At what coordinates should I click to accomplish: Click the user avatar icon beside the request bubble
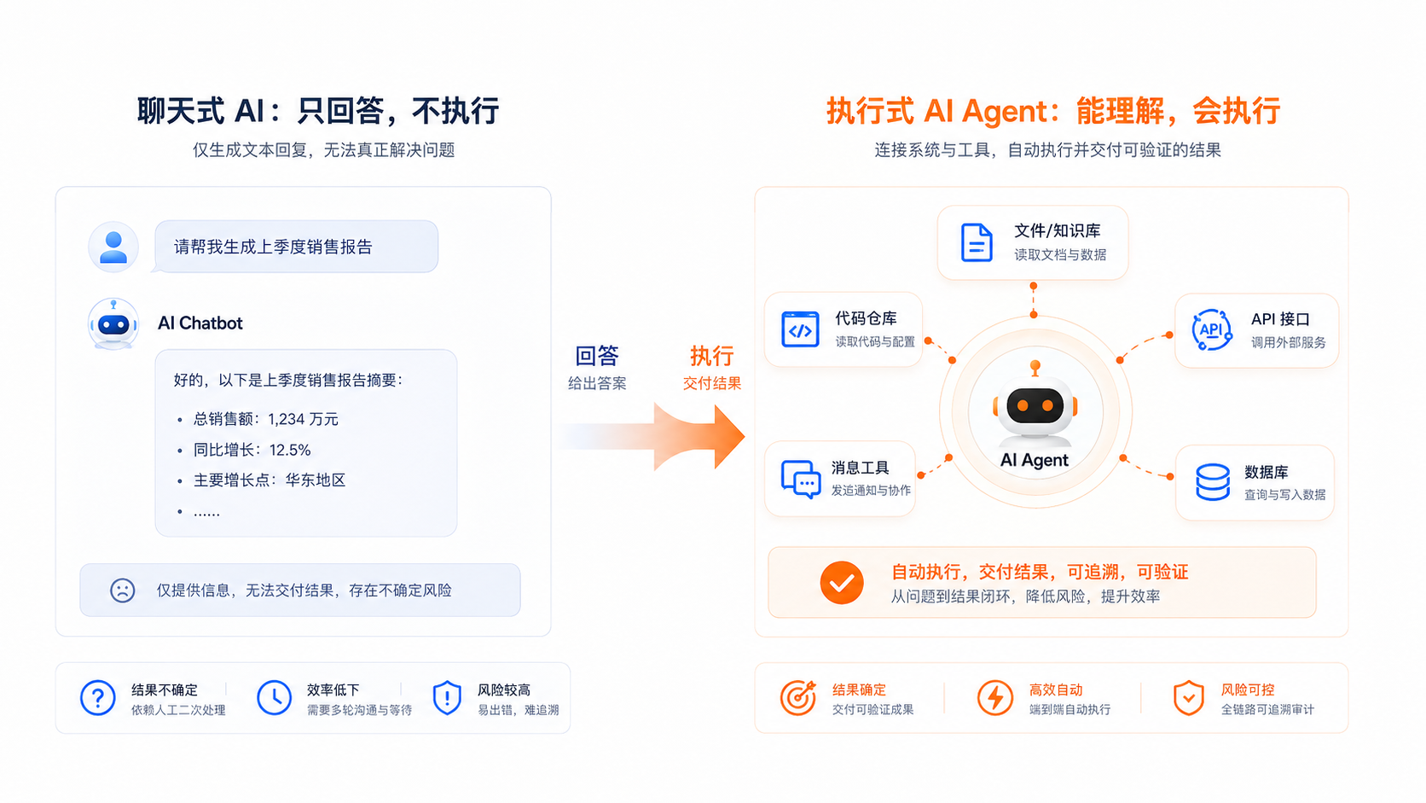pyautogui.click(x=113, y=247)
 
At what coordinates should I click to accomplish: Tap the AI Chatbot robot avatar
pyautogui.click(x=113, y=324)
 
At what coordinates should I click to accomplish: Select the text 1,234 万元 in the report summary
pyautogui.click(x=303, y=419)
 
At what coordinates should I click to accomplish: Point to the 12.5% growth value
pyautogui.click(x=290, y=451)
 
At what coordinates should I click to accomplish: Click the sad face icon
pyautogui.click(x=122, y=591)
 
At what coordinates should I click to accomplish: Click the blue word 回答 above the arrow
pyautogui.click(x=597, y=356)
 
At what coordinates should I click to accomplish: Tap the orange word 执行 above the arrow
pyautogui.click(x=712, y=356)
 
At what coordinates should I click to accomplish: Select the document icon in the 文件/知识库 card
pyautogui.click(x=977, y=242)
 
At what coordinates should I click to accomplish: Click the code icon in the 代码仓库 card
pyautogui.click(x=800, y=329)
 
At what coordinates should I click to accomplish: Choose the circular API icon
pyautogui.click(x=1211, y=330)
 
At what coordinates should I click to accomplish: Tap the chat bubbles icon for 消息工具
pyautogui.click(x=801, y=480)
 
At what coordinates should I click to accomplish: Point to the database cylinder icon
pyautogui.click(x=1213, y=482)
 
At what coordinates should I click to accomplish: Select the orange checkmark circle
pyautogui.click(x=842, y=583)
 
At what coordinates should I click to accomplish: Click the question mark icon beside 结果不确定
pyautogui.click(x=98, y=698)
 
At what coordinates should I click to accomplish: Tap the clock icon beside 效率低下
pyautogui.click(x=275, y=698)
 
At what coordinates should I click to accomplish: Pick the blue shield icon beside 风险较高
pyautogui.click(x=447, y=698)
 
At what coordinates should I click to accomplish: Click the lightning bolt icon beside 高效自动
pyautogui.click(x=995, y=698)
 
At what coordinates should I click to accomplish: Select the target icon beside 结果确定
pyautogui.click(x=798, y=698)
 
